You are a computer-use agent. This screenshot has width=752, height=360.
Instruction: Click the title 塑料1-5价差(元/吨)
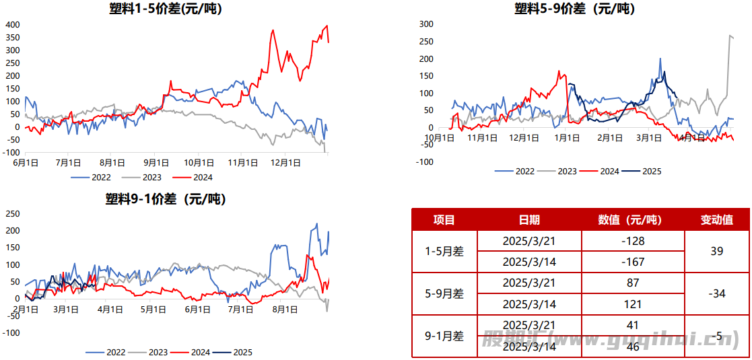(166, 9)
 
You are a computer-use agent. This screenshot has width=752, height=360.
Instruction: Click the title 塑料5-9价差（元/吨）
(574, 9)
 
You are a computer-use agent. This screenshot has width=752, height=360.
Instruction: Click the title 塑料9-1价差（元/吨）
(166, 199)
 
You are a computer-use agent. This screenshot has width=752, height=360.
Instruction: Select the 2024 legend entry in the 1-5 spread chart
(193, 178)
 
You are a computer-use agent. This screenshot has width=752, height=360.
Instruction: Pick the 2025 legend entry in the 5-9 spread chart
(644, 171)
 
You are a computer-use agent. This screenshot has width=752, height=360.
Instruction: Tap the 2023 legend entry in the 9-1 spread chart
(150, 352)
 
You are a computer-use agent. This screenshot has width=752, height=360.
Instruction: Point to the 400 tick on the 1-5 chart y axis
(12, 25)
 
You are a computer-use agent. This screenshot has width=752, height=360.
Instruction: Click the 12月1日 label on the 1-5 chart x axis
(285, 162)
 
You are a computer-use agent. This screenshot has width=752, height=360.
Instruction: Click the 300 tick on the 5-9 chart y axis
(425, 24)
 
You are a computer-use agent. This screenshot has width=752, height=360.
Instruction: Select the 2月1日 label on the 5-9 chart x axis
(610, 138)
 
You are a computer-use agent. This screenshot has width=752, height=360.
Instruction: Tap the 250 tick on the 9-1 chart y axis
(12, 214)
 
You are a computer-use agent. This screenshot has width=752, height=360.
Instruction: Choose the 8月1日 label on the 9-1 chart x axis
(285, 310)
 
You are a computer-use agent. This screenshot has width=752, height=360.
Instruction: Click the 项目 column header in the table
(444, 220)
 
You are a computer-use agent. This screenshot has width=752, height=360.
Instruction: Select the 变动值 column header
(716, 220)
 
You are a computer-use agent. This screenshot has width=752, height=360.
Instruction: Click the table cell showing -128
(634, 241)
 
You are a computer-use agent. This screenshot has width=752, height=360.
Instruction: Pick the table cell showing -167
(634, 262)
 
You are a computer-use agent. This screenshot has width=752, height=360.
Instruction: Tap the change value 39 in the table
(716, 251)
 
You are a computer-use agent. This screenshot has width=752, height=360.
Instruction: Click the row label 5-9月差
(444, 293)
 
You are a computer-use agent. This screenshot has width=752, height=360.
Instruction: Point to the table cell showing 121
(634, 304)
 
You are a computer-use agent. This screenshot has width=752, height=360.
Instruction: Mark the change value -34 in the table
(716, 293)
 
